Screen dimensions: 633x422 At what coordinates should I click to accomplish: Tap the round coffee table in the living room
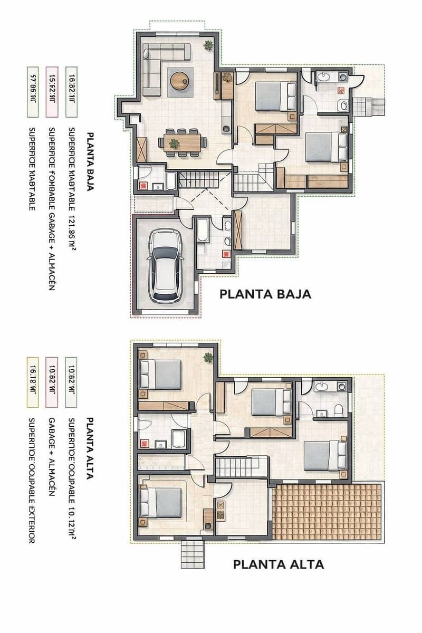pyautogui.click(x=179, y=80)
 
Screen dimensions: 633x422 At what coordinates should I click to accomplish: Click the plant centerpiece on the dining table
pyautogui.click(x=174, y=142)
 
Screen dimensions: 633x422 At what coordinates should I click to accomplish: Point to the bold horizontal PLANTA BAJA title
pyautogui.click(x=265, y=294)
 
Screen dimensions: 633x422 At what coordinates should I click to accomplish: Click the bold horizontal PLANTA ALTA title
pyautogui.click(x=279, y=564)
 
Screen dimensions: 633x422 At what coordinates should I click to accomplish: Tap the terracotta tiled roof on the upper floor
pyautogui.click(x=327, y=511)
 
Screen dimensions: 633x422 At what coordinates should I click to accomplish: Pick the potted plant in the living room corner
pyautogui.click(x=209, y=45)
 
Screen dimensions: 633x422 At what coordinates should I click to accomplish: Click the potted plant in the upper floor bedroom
pyautogui.click(x=208, y=358)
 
